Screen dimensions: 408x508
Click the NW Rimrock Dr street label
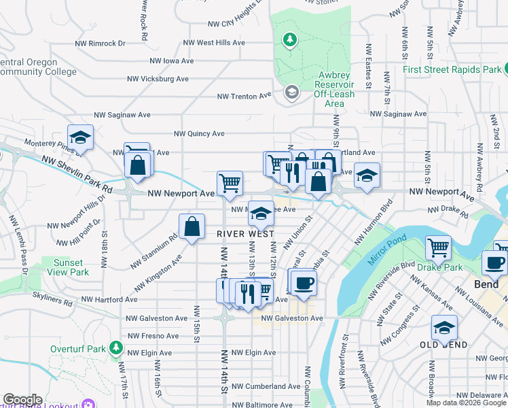(x=101, y=43)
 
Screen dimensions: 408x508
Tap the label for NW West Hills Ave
(x=211, y=43)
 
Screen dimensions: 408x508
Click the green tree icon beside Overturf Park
(x=116, y=349)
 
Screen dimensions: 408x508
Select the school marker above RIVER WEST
(x=261, y=214)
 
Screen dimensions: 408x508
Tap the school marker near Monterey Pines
(x=80, y=138)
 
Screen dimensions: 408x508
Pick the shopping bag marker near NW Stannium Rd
(x=192, y=226)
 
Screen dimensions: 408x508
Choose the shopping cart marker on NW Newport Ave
(x=230, y=183)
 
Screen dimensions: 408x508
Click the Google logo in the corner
(x=22, y=400)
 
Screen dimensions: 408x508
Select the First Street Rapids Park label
(x=452, y=69)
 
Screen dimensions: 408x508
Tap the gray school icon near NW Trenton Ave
(x=292, y=92)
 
